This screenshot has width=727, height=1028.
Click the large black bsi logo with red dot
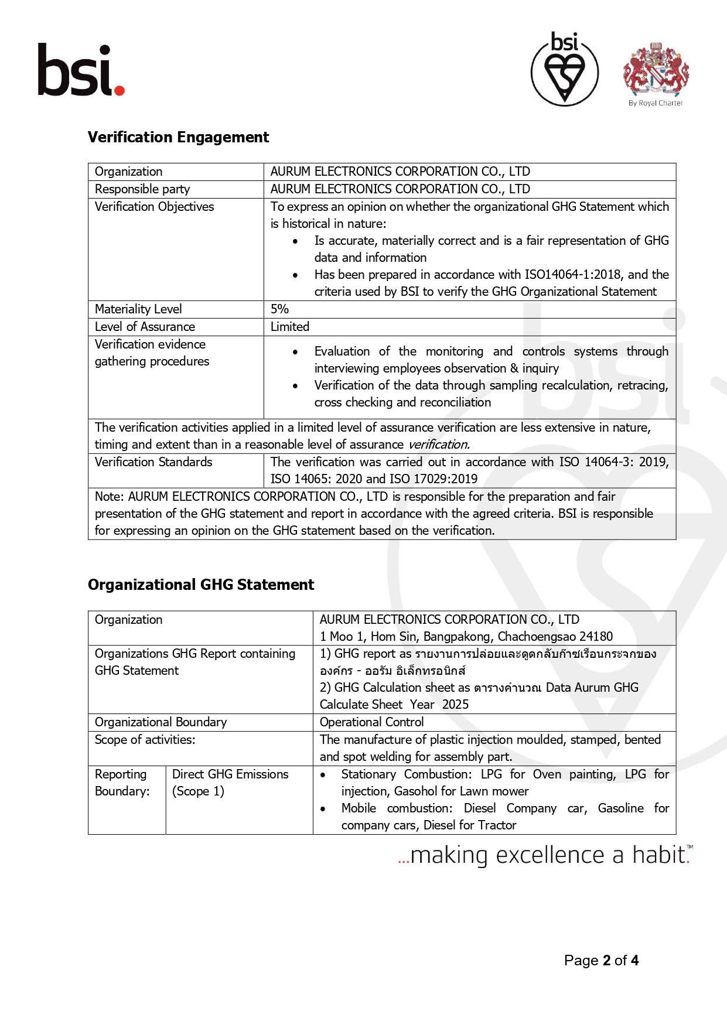pos(81,70)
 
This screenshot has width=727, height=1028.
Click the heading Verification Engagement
pos(178,137)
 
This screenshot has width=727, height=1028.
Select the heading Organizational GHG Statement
pos(201,585)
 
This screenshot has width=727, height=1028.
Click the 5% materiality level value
pos(279,309)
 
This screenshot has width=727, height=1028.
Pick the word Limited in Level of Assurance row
pos(290,327)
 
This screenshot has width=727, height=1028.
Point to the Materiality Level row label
pos(138,309)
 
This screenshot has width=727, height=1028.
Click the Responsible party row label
pos(142,189)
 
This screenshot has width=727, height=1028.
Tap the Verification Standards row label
pos(153,462)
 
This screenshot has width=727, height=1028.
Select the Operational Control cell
pos(371,722)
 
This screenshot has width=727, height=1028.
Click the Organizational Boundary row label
pos(161,722)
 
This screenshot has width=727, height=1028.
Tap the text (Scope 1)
pos(198,791)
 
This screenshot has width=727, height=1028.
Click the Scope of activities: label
pos(145,740)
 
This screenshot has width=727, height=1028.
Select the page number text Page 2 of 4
pos(601,961)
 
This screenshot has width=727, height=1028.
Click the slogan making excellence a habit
pos(545,855)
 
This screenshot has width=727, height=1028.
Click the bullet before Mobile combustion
pos(323,809)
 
